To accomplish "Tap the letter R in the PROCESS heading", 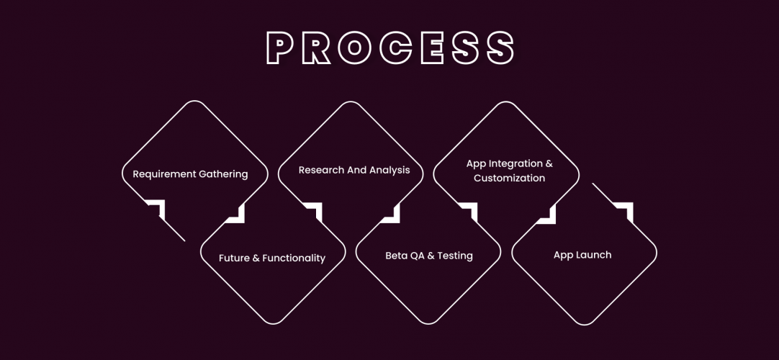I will pos(317,48).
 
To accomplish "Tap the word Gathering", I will pos(223,174).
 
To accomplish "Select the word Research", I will pos(322,170).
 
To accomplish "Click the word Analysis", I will pos(389,171).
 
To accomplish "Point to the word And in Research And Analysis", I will pos(358,170).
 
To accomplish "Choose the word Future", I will pos(234,258).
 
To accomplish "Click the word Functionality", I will pos(294,258).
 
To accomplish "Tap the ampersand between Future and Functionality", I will pos(256,258).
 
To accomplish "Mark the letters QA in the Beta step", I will pos(418,256).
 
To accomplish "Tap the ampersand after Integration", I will pos(549,164).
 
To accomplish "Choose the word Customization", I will pos(509,178).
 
